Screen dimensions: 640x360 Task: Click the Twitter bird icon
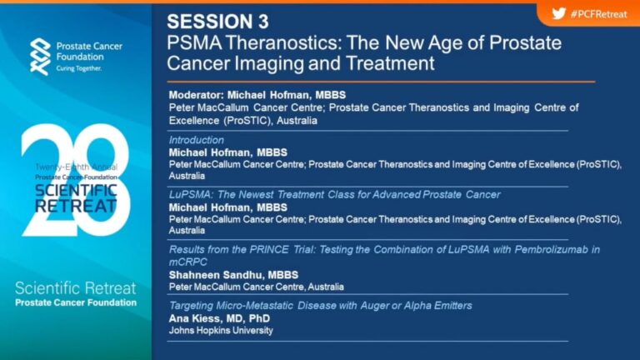(559, 14)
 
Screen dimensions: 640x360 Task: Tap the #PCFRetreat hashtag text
(599, 14)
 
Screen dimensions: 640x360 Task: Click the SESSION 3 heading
(218, 22)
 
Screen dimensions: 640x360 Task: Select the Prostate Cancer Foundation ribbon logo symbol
(40, 57)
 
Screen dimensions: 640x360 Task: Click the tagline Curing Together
(79, 68)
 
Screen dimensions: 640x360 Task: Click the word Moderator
(197, 95)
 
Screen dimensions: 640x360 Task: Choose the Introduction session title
(197, 140)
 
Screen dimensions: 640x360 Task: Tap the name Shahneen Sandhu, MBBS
(233, 275)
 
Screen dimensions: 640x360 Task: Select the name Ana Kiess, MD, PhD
(219, 318)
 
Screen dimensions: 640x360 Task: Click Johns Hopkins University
(221, 331)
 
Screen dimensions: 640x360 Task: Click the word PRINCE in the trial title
(272, 249)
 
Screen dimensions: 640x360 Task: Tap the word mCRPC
(188, 262)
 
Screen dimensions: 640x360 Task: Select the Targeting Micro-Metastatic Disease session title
(320, 306)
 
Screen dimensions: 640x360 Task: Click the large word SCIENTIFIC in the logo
(76, 191)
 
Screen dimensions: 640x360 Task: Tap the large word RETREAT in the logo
(76, 206)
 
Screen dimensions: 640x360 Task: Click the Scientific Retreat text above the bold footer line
(76, 288)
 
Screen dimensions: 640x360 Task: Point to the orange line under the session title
(381, 82)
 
